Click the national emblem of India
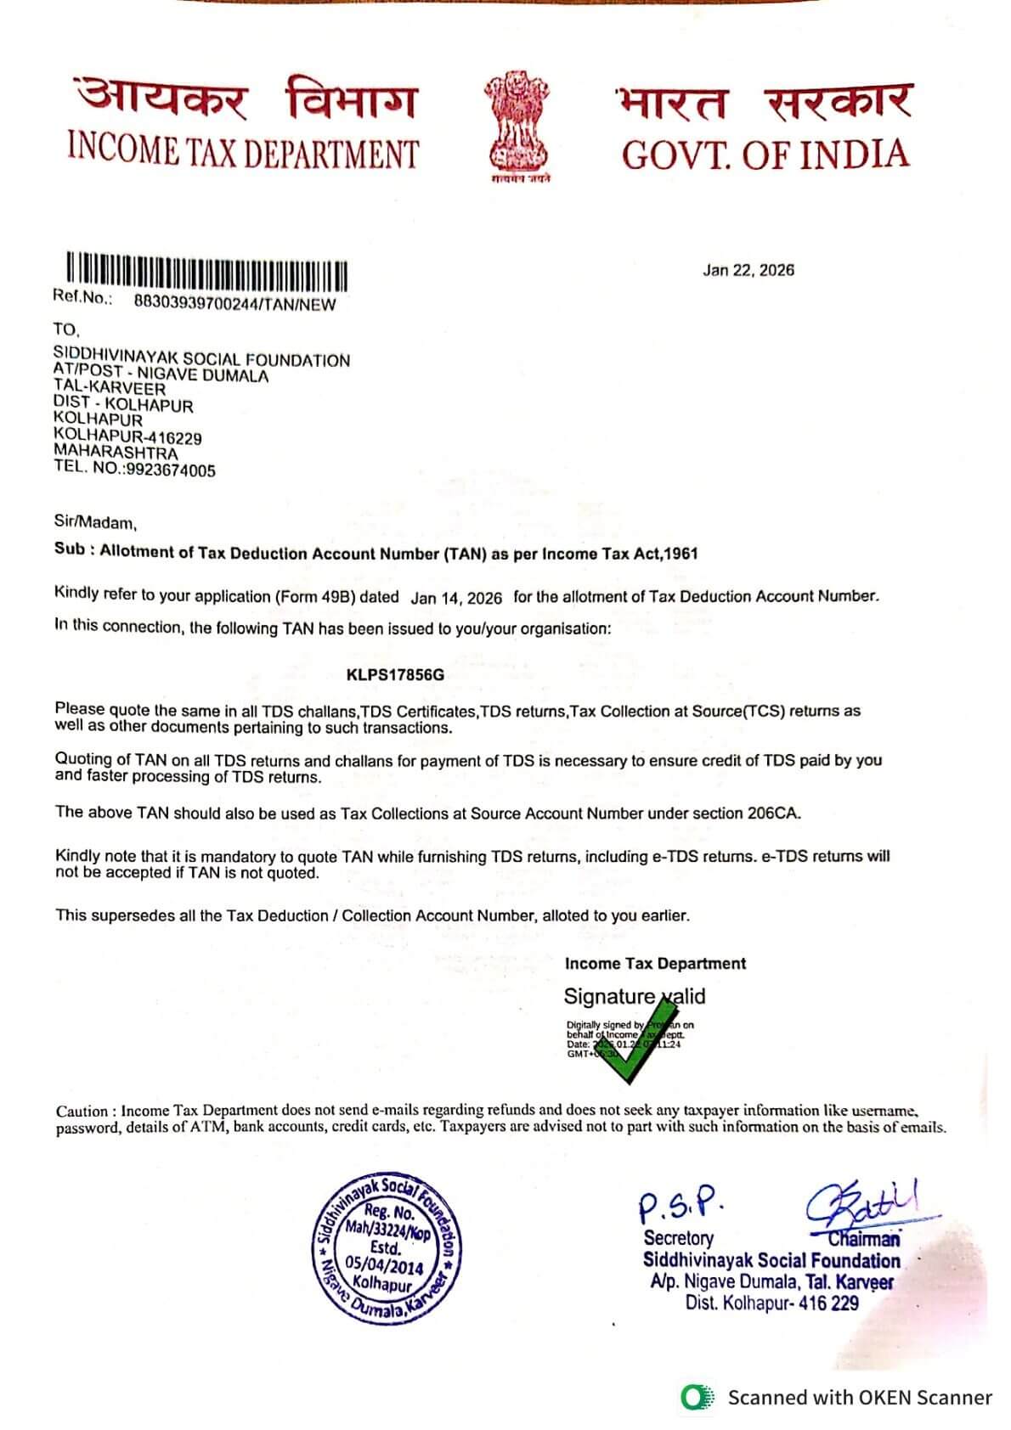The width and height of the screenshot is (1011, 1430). click(x=517, y=127)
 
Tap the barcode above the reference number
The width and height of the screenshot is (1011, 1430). click(x=207, y=271)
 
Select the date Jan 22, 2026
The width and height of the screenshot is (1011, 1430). click(x=748, y=270)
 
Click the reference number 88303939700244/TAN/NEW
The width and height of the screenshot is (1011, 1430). click(x=234, y=304)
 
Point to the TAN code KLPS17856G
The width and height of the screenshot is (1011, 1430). click(x=395, y=675)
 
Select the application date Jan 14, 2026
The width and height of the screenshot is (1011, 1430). click(x=456, y=598)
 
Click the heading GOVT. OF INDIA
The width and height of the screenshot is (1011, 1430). click(x=765, y=155)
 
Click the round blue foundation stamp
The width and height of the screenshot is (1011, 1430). click(x=387, y=1249)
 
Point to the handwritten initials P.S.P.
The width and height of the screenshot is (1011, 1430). click(x=681, y=1202)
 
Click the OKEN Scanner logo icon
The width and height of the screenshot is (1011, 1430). click(x=697, y=1397)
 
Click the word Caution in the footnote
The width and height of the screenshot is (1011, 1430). click(x=82, y=1111)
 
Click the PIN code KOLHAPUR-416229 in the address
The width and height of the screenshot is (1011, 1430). click(x=127, y=437)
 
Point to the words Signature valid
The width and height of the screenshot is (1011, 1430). click(x=634, y=996)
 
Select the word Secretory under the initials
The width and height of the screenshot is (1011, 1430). click(x=678, y=1238)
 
